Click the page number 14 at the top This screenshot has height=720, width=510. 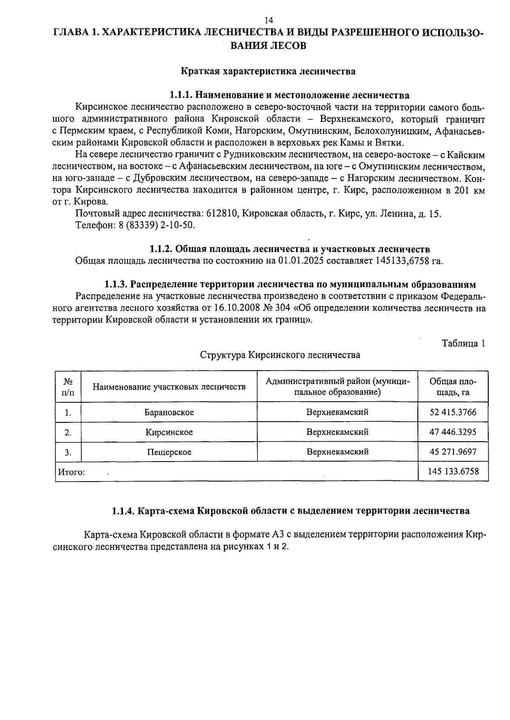268,20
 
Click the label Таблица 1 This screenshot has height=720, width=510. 463,343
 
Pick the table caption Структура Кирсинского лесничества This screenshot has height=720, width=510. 280,355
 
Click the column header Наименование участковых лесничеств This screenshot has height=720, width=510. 169,387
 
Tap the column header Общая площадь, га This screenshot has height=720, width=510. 453,386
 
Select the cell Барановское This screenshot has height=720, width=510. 169,412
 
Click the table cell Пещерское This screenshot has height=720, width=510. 169,452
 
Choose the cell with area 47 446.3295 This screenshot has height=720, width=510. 453,432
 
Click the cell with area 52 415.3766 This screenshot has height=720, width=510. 453,412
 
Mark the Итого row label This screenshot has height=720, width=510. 71,472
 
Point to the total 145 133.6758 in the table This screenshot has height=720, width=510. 453,471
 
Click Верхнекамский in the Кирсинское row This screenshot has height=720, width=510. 337,432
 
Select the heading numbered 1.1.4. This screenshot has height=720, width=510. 291,511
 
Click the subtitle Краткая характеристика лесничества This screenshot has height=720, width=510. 268,71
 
